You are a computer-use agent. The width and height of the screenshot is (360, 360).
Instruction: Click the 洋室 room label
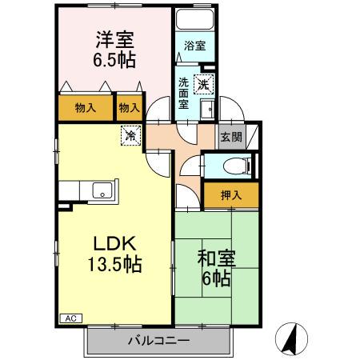114,38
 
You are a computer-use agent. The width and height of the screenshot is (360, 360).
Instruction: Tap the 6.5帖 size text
114,59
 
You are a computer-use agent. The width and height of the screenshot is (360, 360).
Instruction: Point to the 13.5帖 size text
115,265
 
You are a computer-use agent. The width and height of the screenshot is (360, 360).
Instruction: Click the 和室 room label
216,258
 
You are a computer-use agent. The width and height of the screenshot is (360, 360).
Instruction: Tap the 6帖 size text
216,279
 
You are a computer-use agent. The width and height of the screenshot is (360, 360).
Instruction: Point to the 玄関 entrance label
231,137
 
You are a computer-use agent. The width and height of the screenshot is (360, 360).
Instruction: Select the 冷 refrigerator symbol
130,136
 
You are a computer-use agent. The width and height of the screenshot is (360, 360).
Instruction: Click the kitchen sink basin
102,190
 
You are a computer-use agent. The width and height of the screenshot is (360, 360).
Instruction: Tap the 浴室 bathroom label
194,46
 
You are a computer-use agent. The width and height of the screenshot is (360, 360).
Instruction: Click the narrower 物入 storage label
129,107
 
